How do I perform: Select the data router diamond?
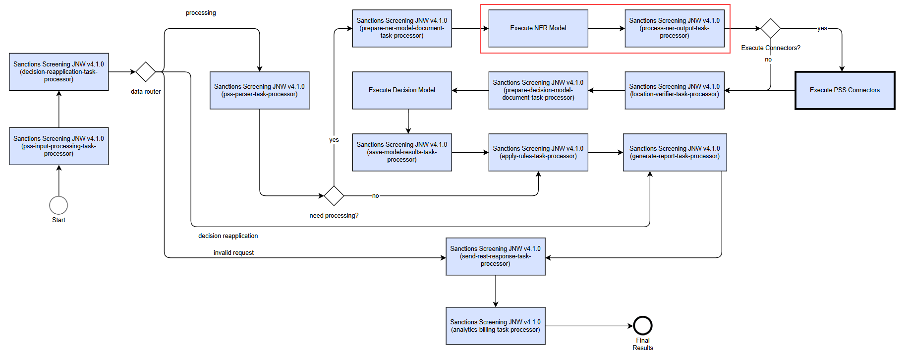coord(146,72)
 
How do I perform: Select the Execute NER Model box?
coord(538,28)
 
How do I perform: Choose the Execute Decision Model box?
coord(402,90)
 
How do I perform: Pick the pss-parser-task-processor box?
coord(260,90)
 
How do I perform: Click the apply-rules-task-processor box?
coord(538,152)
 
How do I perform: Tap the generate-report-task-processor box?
coord(675,152)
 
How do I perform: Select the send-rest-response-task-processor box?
coord(496,256)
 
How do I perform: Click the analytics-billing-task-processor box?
coord(496,326)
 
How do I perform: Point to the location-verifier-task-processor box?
coord(675,90)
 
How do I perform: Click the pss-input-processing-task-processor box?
coord(59,146)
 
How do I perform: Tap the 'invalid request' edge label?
coord(233,253)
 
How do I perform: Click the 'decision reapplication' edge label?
coord(228,236)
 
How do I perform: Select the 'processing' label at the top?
coord(201,13)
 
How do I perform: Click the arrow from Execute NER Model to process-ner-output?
coord(607,28)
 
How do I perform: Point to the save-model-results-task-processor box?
coord(402,152)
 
